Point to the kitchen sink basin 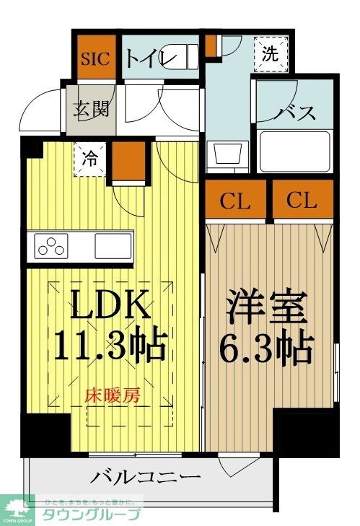point(113,245)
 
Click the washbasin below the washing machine point(226,154)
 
